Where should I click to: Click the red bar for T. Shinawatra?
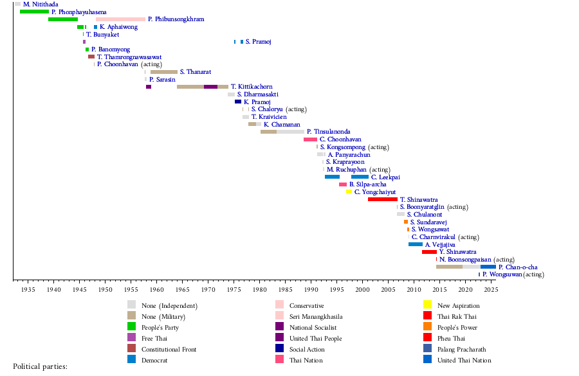pos(382,199)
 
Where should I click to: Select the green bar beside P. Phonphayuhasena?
pos(34,12)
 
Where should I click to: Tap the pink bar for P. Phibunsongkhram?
pos(120,19)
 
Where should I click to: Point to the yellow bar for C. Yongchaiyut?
pos(349,192)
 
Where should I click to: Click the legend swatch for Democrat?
pos(131,360)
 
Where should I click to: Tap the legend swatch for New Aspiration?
pos(427,305)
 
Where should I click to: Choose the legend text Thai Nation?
pos(306,361)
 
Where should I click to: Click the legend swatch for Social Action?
pos(279,349)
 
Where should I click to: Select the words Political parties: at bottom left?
pos(40,367)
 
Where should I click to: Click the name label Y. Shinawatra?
pos(457,252)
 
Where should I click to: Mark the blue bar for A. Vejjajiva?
pos(415,244)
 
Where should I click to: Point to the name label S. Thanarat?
pos(195,72)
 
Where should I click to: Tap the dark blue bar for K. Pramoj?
pos(238,102)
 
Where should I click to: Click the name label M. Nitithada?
pos(41,4)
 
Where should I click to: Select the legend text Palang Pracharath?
pos(461,349)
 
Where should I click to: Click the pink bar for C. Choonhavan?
pos(310,139)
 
